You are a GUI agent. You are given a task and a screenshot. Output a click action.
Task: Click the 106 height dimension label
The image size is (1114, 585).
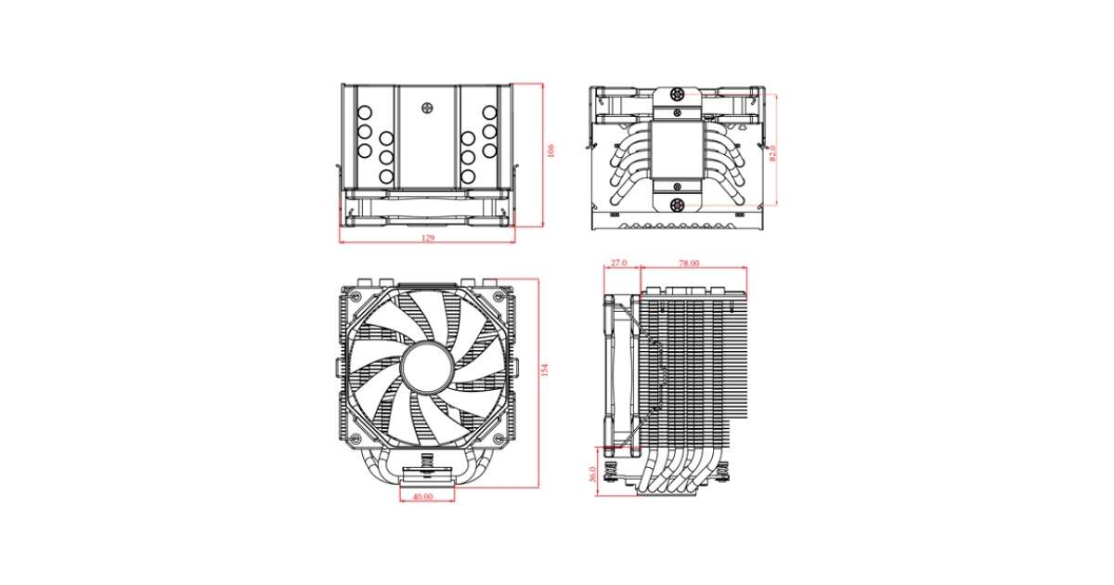[551, 150]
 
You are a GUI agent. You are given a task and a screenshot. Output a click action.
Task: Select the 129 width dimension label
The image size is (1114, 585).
[428, 238]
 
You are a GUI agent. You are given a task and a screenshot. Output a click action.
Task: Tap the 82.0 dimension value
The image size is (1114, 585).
[772, 153]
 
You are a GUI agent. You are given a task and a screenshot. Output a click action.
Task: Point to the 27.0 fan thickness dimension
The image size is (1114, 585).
[618, 263]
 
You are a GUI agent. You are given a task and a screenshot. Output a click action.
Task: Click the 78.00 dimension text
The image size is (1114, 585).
[689, 263]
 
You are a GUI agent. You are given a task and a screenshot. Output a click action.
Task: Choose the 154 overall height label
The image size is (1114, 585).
[545, 370]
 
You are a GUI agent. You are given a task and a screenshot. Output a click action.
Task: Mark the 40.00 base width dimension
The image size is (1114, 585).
[422, 497]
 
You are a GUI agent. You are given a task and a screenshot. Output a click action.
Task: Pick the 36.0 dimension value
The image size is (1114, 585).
[592, 474]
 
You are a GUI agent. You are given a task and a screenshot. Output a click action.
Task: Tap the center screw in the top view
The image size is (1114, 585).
[427, 108]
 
